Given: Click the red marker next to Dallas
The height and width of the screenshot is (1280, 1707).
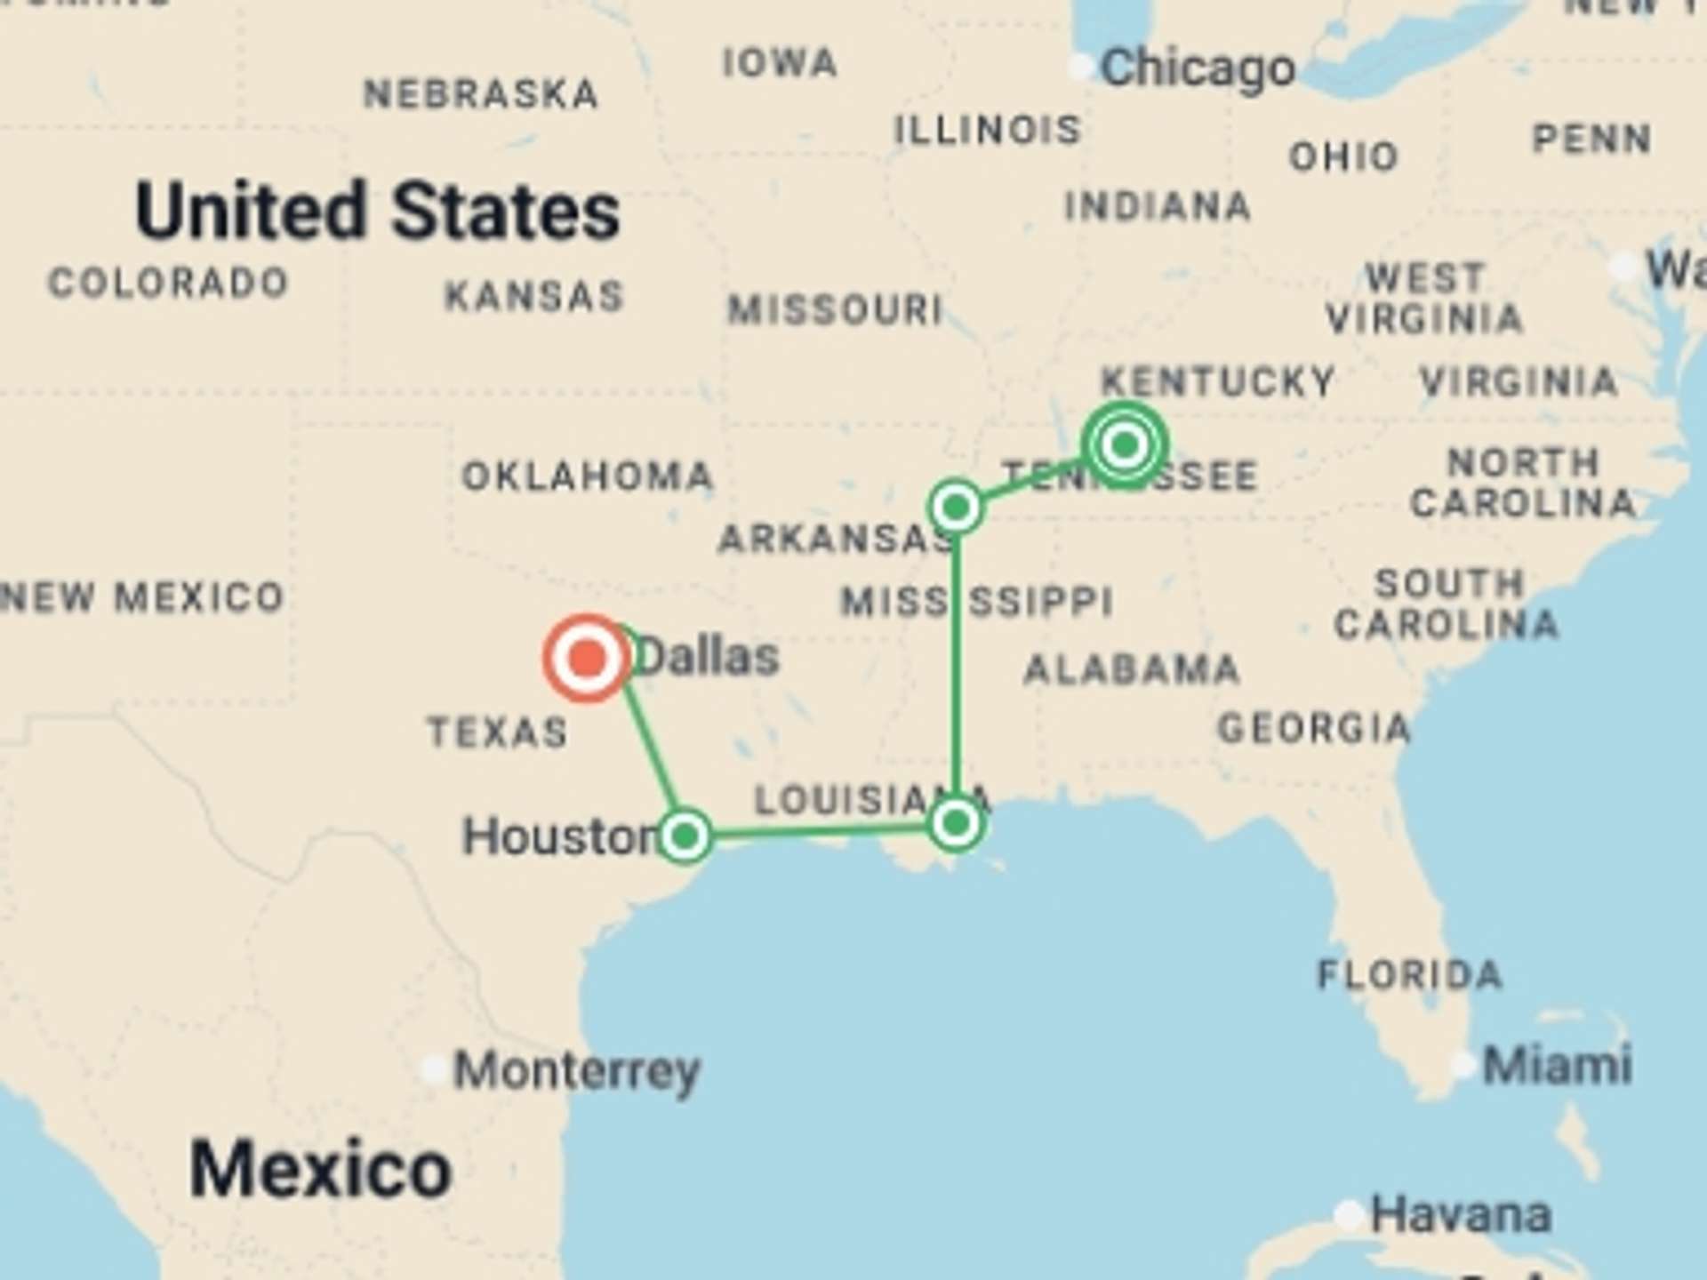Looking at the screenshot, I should (587, 659).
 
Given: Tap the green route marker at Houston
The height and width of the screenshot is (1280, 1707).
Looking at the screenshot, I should (685, 836).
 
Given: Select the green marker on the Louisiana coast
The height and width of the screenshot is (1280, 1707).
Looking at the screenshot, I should (956, 824).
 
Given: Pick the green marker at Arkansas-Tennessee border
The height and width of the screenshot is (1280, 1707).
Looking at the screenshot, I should (956, 508).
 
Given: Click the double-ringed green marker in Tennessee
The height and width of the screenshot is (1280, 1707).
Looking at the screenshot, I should (1125, 444).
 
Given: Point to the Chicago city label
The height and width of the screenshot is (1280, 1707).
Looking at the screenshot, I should (1197, 69).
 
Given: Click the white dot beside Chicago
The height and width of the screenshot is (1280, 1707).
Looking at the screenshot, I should (1080, 68).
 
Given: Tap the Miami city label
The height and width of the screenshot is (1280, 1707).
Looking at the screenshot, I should (1557, 1065).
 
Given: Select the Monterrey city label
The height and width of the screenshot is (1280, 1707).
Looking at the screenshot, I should (577, 1071).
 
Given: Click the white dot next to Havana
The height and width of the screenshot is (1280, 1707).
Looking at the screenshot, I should (1349, 1214).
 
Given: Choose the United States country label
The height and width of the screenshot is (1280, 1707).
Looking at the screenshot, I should (377, 212).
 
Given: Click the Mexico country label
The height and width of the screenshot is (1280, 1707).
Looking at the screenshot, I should (320, 1169).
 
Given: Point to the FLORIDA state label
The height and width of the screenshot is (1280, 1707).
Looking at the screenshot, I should (1410, 975).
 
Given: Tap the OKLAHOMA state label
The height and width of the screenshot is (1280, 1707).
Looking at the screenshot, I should (587, 476).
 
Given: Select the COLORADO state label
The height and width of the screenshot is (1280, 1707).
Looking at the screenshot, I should (168, 284).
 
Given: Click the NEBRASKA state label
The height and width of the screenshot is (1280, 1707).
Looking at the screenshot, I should (481, 94).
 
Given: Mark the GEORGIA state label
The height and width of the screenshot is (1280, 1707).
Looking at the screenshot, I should (1313, 729).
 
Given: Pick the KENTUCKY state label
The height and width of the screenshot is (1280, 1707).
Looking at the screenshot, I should (1217, 382).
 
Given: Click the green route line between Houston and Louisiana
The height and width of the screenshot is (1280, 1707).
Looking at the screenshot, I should (818, 831).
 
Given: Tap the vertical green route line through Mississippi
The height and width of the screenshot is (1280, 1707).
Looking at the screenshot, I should (956, 667).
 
